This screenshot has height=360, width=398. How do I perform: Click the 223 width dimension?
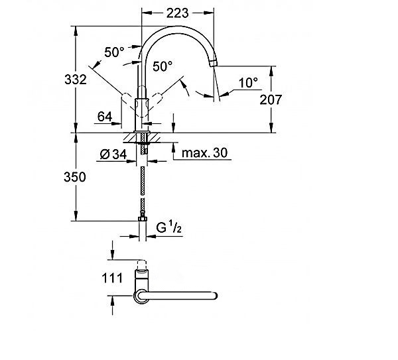point(177,13)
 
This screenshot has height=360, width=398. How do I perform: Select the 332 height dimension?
point(76,80)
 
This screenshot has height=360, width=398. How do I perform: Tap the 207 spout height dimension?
point(271,99)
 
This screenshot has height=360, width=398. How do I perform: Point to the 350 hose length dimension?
point(75,177)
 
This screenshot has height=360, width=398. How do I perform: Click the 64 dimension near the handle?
point(105,117)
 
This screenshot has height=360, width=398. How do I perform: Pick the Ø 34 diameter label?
point(113,154)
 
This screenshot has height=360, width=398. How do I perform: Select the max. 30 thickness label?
point(204,152)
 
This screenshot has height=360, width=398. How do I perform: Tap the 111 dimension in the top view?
point(112,278)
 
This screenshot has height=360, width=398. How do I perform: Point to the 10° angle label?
point(248,83)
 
